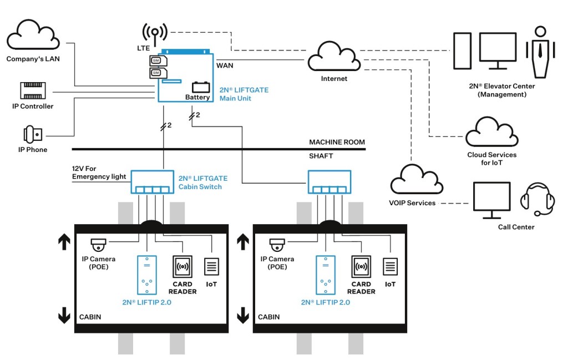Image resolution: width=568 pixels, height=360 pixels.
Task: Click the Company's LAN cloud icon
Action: click(x=33, y=36)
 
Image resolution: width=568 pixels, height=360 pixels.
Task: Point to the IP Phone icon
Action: click(x=33, y=134)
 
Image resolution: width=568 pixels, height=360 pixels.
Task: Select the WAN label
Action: click(x=225, y=65)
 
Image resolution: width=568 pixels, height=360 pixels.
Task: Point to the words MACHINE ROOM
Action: click(x=337, y=143)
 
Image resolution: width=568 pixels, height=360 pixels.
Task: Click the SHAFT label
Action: click(x=321, y=156)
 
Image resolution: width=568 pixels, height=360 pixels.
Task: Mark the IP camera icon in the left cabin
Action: click(x=99, y=245)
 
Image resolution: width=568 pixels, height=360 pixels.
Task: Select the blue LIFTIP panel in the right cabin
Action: click(x=325, y=275)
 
